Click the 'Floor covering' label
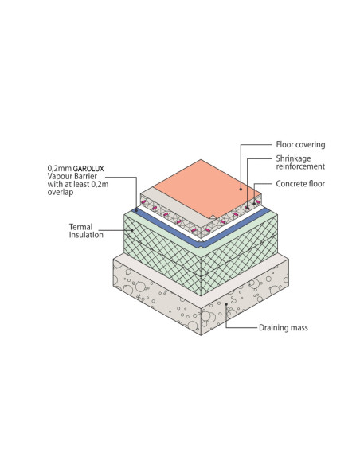point(300,144)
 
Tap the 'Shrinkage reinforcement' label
point(300,162)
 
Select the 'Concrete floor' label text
point(300,184)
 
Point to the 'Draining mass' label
point(284,328)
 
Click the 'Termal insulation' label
point(86,231)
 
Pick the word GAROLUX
point(88,169)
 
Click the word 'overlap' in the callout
point(61,192)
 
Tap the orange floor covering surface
point(205,187)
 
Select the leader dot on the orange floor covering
point(241,189)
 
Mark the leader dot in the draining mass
point(226,303)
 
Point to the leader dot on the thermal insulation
point(131,230)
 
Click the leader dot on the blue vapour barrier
point(136,210)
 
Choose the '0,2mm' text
point(60,169)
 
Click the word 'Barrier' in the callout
point(85,176)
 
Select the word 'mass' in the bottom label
point(299,328)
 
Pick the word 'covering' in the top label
point(311,145)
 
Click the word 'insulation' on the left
point(86,235)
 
